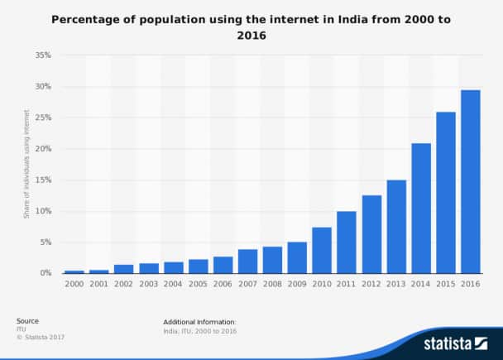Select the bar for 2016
click(x=470, y=181)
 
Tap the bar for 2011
click(x=347, y=242)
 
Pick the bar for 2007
click(x=247, y=261)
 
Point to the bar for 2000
click(x=74, y=271)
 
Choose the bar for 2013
click(x=396, y=226)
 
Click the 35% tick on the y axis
click(x=44, y=55)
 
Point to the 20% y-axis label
click(x=44, y=149)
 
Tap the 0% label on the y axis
click(x=46, y=273)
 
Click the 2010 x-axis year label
click(x=322, y=283)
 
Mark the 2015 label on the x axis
click(x=445, y=283)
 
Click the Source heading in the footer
click(x=27, y=321)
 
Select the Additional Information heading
click(x=200, y=321)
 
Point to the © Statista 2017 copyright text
click(x=41, y=337)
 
